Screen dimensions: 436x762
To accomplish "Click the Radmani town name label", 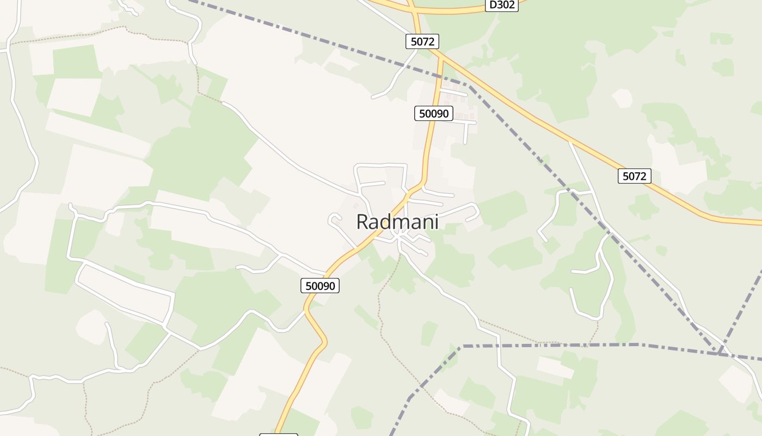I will tap(397, 222).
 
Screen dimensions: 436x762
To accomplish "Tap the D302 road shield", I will tap(501, 5).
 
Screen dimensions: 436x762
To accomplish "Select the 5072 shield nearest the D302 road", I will tap(422, 41).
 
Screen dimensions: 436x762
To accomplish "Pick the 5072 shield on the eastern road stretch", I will tap(634, 176).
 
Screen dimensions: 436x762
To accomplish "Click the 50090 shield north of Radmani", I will tap(434, 113).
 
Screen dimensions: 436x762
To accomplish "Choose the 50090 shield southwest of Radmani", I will tap(320, 285).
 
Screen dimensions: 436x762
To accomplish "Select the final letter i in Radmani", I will tap(436, 222).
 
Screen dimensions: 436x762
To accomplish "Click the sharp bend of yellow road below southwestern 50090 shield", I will tap(325, 342).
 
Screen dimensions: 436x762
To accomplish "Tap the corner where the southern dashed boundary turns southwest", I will tap(462, 346).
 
